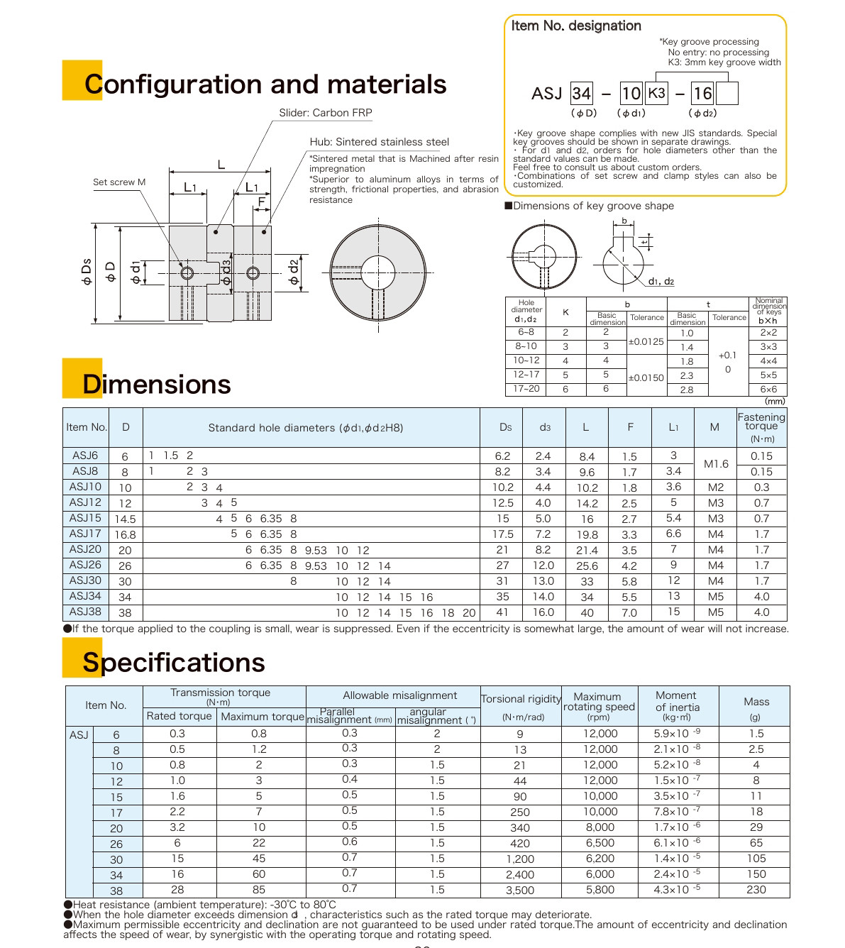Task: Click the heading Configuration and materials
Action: pos(265,84)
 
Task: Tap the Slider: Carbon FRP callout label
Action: pos(325,113)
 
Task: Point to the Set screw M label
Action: pos(119,182)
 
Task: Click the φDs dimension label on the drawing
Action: pos(87,272)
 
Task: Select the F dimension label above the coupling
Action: pos(261,202)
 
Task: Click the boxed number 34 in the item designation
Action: pos(581,94)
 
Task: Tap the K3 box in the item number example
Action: pos(657,93)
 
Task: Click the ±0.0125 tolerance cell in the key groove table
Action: pos(646,342)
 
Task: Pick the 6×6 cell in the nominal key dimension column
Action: pos(768,390)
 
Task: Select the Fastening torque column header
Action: pos(761,427)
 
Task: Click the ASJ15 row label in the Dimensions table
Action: pos(86,518)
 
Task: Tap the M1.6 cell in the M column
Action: pos(716,464)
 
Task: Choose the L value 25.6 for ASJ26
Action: pos(587,566)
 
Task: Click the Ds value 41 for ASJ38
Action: pos(502,612)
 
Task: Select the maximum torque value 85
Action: pos(259,890)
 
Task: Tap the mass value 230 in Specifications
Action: pos(756,890)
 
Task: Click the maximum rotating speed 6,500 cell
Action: pos(600,843)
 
